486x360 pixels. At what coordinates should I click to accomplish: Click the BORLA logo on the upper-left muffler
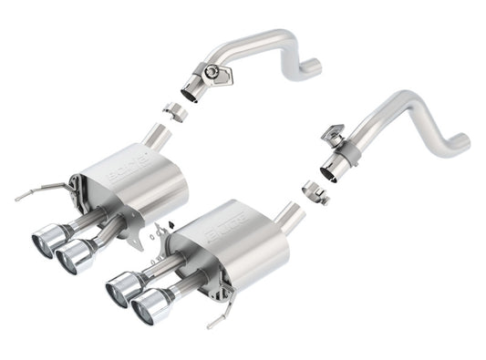(x=125, y=172)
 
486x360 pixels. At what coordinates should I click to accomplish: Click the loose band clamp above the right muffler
(x=315, y=192)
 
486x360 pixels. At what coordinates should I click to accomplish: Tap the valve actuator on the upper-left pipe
(x=215, y=73)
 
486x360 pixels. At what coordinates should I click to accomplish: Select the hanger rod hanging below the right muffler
(x=215, y=320)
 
